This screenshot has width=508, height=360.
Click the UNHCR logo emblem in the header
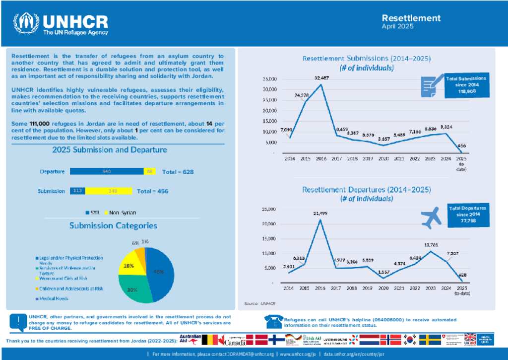[x=26, y=23]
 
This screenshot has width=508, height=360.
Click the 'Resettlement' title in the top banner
[x=411, y=18]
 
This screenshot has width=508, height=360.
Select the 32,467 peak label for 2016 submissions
[x=321, y=78]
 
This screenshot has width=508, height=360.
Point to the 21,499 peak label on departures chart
[x=320, y=213]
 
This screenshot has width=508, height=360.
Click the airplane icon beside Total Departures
[x=431, y=217]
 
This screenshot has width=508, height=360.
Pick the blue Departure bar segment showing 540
[x=106, y=171]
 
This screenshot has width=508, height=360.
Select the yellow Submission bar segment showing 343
[x=109, y=191]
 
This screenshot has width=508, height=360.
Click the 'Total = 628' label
[x=178, y=172]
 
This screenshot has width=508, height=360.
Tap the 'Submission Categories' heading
[x=113, y=225]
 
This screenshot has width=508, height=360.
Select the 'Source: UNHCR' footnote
[x=259, y=303]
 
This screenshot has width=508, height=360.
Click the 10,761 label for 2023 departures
[x=430, y=245]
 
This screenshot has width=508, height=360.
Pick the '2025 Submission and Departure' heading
[x=110, y=149]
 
